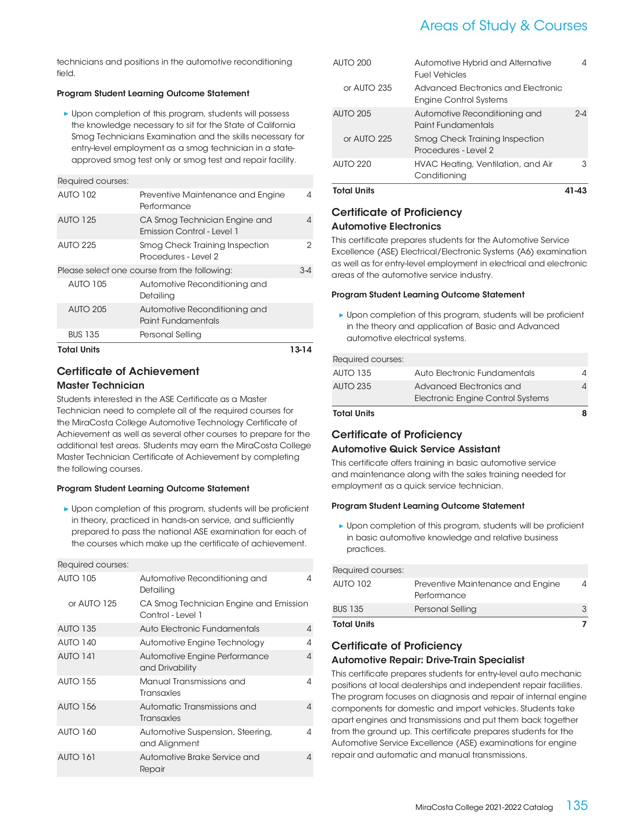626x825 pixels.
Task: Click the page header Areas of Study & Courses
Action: pos(503,26)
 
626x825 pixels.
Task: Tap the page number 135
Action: pos(576,805)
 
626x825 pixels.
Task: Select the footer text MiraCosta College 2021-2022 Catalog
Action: pos(484,808)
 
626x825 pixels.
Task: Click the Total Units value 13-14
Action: pos(300,350)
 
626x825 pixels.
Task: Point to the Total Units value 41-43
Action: pos(576,191)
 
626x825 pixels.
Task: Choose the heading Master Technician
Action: pos(100,385)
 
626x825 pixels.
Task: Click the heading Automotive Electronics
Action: pos(386,226)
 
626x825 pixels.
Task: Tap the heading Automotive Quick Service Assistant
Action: pos(415,449)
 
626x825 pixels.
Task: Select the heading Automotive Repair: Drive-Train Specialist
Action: pos(428,660)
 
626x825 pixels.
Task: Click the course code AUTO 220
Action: pos(352,164)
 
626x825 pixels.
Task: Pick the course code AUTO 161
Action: pos(76,757)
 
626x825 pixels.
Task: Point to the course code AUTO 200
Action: pos(352,63)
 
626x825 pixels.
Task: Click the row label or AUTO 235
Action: pos(367,88)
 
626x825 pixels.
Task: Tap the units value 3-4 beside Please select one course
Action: pos(305,270)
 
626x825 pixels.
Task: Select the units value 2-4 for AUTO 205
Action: pos(581,114)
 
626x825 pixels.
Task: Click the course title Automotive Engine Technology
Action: pos(202,643)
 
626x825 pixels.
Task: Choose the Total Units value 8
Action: pos(584,413)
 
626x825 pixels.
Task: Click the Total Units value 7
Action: pos(584,624)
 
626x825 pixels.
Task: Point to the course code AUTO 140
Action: pos(77,643)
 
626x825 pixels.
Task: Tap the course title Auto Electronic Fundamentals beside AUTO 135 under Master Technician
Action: pos(199,629)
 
